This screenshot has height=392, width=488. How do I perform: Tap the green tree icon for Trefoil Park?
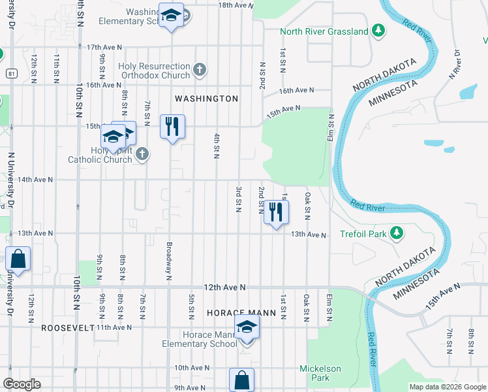click(396, 233)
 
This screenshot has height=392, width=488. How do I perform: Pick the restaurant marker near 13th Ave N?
click(276, 212)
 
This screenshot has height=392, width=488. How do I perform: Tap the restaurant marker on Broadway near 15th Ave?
click(172, 127)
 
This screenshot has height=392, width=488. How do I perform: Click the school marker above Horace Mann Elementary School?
click(247, 327)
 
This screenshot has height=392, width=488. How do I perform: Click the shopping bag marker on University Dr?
click(18, 259)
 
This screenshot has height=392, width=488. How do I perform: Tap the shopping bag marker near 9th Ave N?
click(241, 380)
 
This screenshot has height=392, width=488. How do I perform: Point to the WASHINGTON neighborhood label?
click(206, 99)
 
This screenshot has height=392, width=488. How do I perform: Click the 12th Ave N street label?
click(224, 287)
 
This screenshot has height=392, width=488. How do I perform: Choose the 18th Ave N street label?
click(235, 5)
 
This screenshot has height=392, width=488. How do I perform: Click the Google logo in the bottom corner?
click(22, 384)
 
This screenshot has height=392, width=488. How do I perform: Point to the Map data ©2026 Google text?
click(447, 387)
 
